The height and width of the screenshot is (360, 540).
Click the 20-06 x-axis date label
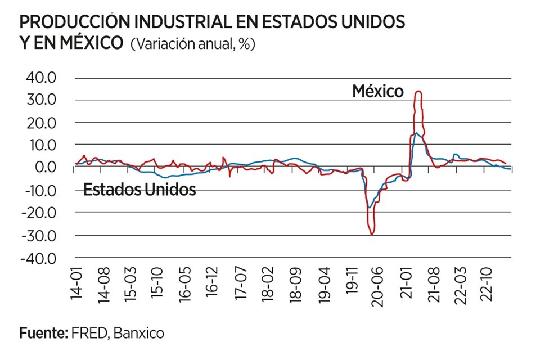[x=377, y=284]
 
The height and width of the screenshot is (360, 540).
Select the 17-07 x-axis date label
[x=241, y=284]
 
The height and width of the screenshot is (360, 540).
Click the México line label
[x=378, y=91]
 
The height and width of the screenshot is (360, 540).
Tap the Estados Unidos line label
[x=139, y=190]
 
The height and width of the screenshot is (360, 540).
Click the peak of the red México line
[x=417, y=91]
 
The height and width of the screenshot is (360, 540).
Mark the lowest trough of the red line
[x=372, y=234]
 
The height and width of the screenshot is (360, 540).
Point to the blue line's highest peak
[x=416, y=133]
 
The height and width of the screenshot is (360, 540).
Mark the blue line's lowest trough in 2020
[x=369, y=208]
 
